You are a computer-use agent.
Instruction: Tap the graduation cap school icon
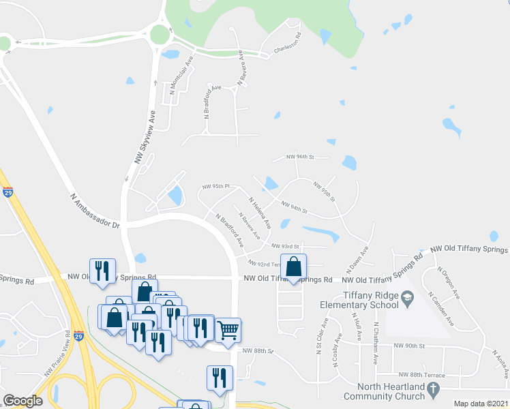[407, 297]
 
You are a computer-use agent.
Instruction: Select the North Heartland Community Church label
[384, 391]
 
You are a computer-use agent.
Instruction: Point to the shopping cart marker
[228, 329]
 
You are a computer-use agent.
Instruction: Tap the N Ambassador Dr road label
[95, 210]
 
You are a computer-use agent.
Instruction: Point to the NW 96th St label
[300, 157]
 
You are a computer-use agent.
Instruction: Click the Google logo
[23, 401]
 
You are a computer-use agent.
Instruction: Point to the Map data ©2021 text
[481, 404]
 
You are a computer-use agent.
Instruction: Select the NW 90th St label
[409, 346]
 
